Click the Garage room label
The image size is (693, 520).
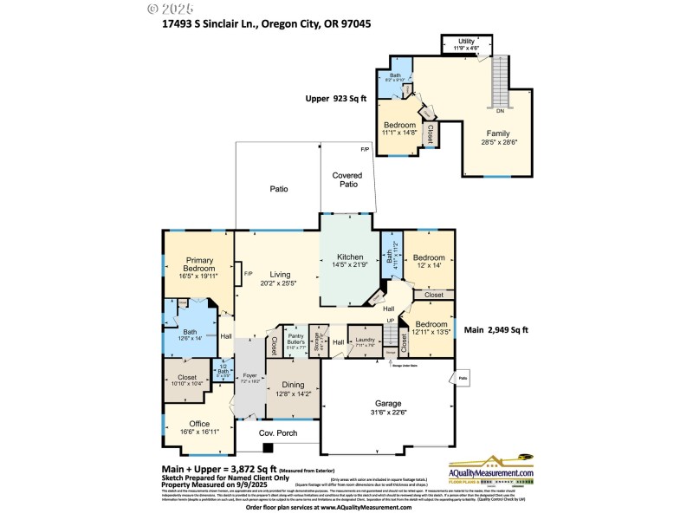click(387, 403)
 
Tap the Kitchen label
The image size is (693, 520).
click(350, 257)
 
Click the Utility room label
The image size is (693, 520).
click(467, 40)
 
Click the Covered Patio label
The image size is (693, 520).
click(347, 179)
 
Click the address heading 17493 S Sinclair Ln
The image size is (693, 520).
click(267, 24)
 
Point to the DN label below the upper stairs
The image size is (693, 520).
click(500, 111)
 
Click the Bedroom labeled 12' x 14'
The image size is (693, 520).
click(429, 257)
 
